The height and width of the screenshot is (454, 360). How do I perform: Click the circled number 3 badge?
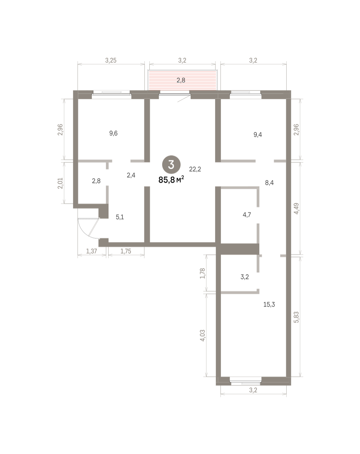(x=171, y=165)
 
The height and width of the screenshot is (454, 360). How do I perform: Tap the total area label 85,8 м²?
(x=171, y=180)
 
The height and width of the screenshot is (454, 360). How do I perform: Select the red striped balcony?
(x=182, y=80)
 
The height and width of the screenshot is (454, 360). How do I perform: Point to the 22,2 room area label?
(x=195, y=169)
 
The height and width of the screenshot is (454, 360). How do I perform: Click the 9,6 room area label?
(x=113, y=133)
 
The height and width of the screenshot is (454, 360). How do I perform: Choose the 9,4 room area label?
(x=258, y=135)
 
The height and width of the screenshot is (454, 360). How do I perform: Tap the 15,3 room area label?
(x=269, y=305)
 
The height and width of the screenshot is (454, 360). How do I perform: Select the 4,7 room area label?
(x=247, y=215)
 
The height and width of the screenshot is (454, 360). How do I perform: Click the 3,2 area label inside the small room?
(x=245, y=277)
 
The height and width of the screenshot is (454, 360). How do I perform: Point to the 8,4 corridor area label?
(x=269, y=183)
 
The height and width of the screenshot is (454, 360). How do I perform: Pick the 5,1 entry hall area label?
(x=120, y=217)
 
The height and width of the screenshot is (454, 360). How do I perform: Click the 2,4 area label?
(x=131, y=175)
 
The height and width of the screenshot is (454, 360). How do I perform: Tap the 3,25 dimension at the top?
(x=111, y=60)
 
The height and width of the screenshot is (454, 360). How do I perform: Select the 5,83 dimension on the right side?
(x=296, y=317)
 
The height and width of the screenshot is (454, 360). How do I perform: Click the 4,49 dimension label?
(x=296, y=208)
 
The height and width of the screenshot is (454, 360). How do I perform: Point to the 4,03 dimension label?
(x=202, y=336)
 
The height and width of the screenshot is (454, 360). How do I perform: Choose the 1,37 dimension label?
(x=92, y=251)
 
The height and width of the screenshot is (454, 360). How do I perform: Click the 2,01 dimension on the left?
(x=60, y=183)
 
